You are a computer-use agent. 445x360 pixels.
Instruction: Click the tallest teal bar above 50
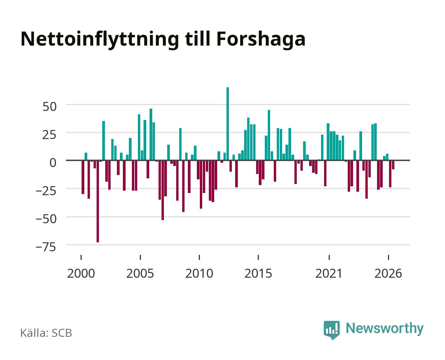pos(227,124)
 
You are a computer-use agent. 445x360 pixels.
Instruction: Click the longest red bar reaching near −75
pos(98,201)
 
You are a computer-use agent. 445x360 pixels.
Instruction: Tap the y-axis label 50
pos(50,107)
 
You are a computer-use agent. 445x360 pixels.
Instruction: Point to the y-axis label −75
pos(46,247)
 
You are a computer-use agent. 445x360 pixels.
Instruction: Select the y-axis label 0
pos(53,163)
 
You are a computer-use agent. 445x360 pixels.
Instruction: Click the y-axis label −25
pos(46,191)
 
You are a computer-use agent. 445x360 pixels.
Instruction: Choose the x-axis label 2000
pos(81,273)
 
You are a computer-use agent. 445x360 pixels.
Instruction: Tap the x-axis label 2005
pos(140,273)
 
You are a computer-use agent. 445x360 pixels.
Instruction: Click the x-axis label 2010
pos(199,273)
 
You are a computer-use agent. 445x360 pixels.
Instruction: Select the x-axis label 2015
pos(258,273)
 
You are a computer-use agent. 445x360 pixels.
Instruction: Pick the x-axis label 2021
pos(329,273)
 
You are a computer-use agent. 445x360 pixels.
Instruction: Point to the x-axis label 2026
pos(388,273)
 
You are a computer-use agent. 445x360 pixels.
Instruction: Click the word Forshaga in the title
pos(261,40)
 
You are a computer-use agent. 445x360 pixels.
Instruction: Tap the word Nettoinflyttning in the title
pos(100,40)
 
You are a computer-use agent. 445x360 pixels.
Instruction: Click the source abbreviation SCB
pos(62,333)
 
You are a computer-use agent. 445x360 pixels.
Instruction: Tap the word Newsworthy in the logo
pos(385,328)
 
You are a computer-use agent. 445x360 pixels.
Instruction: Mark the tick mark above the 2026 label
pos(388,257)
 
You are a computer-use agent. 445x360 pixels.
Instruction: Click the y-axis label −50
pos(46,219)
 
